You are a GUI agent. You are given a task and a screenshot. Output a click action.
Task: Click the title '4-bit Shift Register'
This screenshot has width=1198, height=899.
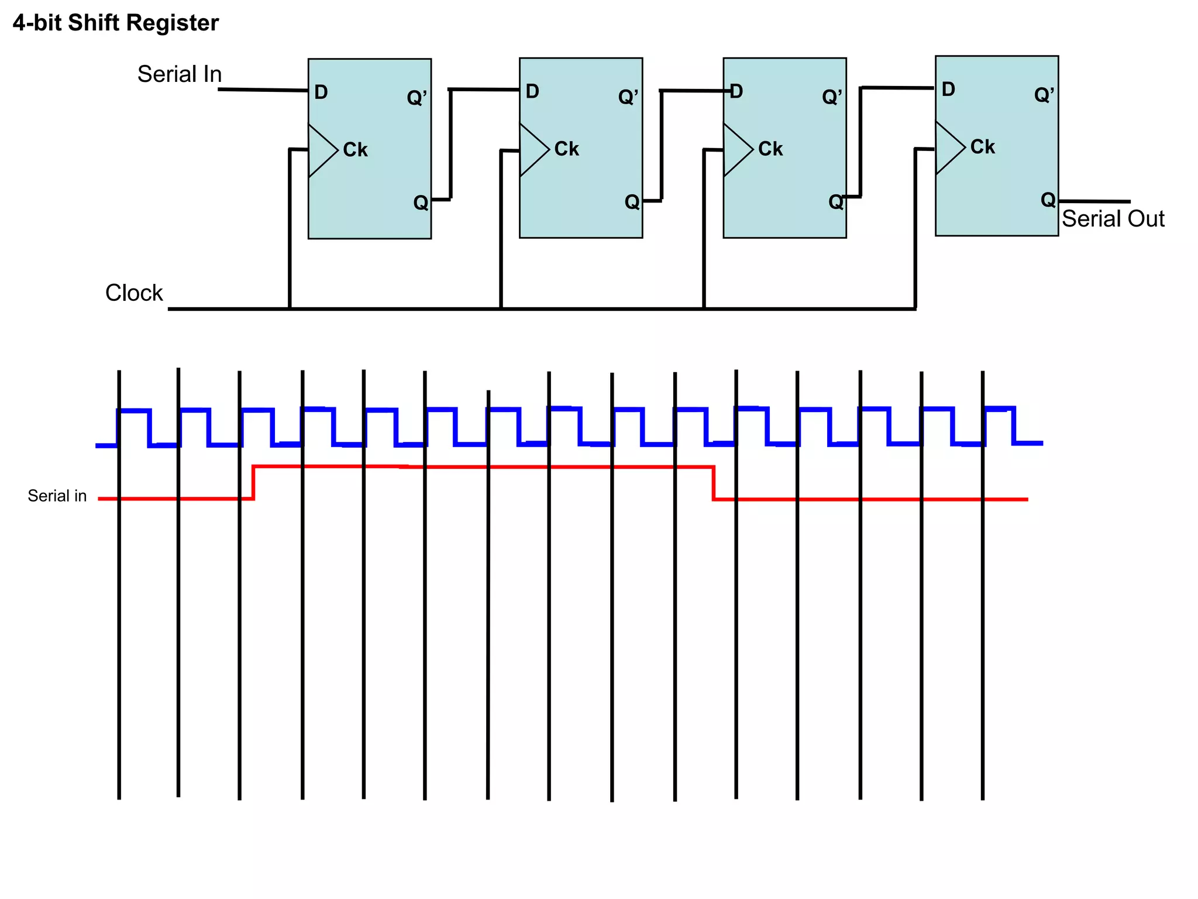pos(115,23)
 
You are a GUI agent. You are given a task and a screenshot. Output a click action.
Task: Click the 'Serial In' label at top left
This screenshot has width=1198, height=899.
pos(180,74)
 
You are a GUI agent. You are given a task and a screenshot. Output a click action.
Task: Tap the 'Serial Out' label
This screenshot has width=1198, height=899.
pos(1113,219)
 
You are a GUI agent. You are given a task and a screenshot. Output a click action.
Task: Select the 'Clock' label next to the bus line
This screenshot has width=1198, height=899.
pos(134,293)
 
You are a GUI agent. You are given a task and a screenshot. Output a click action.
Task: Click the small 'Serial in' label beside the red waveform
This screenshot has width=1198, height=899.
pos(57,496)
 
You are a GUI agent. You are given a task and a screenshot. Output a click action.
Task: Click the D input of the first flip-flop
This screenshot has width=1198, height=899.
pos(321,92)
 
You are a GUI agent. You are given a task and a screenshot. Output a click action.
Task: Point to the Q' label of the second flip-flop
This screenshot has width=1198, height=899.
pos(628,97)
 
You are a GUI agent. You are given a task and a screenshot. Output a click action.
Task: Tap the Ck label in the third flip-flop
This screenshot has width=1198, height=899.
pos(770,149)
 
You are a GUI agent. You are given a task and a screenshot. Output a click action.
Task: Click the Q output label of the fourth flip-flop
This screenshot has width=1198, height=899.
pos(1048,200)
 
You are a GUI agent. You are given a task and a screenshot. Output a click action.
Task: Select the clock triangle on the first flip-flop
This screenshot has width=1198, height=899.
pos(321,150)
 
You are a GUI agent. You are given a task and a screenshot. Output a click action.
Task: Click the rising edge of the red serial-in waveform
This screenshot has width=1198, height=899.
pos(253,482)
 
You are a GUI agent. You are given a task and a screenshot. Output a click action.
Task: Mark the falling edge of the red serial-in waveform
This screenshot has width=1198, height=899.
pos(714,483)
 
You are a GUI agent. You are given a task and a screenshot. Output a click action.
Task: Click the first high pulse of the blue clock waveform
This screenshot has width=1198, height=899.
pos(134,411)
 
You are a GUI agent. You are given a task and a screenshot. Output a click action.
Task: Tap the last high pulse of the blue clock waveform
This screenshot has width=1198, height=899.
pos(1000,408)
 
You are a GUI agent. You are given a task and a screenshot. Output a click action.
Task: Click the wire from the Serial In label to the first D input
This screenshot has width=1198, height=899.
pos(263,90)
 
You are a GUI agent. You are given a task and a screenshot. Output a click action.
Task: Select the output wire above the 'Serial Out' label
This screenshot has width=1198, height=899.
pos(1094,201)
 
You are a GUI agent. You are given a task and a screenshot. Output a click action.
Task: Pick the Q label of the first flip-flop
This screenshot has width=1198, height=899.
pos(421,203)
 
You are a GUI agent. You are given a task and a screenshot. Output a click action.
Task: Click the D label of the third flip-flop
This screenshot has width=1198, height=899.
pos(736,91)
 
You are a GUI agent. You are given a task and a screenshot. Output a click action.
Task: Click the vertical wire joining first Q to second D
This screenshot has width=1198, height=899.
pos(450,143)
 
